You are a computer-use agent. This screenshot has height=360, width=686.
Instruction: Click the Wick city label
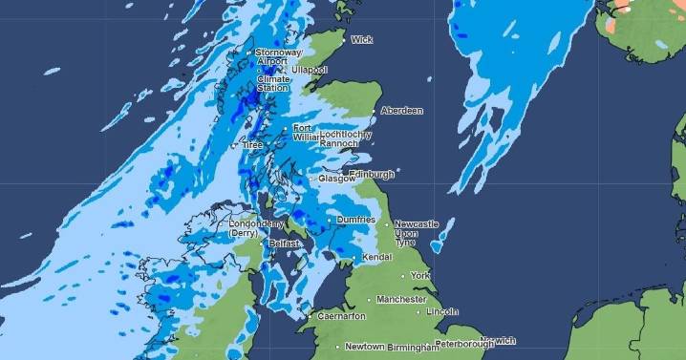(x=362, y=40)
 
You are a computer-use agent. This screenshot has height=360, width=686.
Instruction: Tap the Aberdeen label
(x=402, y=111)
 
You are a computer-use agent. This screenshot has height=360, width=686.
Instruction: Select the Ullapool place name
(x=311, y=71)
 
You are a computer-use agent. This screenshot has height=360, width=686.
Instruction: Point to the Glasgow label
(x=337, y=179)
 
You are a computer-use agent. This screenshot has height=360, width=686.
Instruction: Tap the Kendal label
(x=376, y=258)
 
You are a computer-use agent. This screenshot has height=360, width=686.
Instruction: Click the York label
(x=421, y=275)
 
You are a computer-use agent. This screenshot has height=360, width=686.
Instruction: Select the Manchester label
(x=401, y=299)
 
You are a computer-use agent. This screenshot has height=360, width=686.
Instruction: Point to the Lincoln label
(x=443, y=311)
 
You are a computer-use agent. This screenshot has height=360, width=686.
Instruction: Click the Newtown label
(x=364, y=346)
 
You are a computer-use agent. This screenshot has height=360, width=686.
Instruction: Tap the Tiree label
(x=253, y=144)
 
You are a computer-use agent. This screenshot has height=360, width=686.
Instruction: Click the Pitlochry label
(x=346, y=135)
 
